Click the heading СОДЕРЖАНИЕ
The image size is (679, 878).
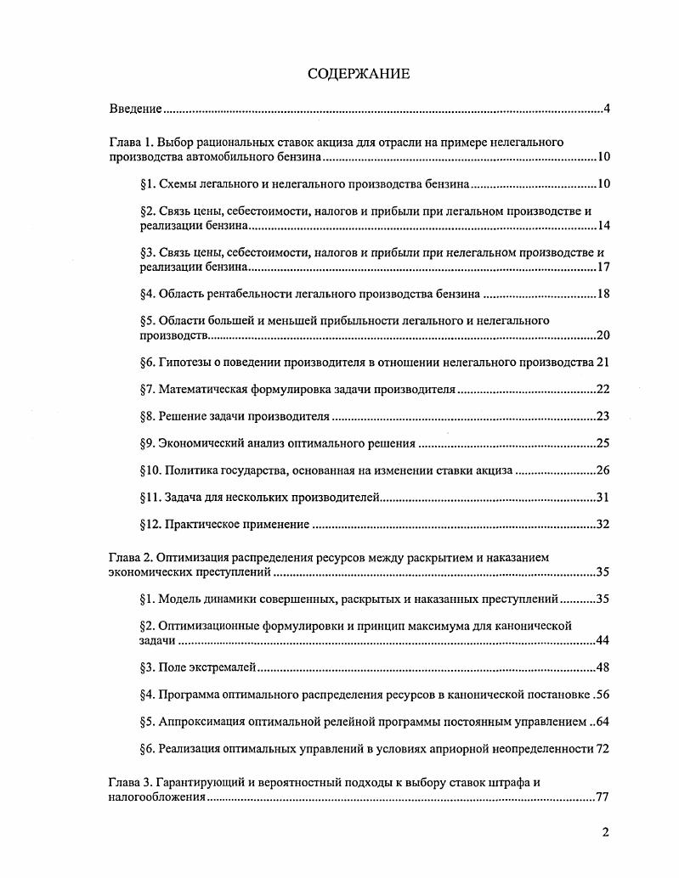pyautogui.click(x=358, y=74)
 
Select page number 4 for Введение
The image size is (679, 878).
pyautogui.click(x=607, y=110)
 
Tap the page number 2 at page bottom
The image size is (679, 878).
pyautogui.click(x=605, y=832)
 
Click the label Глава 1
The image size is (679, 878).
pyautogui.click(x=131, y=142)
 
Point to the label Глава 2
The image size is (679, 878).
pyautogui.click(x=131, y=557)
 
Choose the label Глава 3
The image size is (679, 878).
pyautogui.click(x=131, y=782)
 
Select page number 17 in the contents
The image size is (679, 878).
pyautogui.click(x=603, y=267)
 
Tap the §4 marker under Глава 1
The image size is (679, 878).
pyautogui.click(x=147, y=294)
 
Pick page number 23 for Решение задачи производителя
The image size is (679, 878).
pyautogui.click(x=603, y=416)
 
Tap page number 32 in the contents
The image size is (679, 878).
pyautogui.click(x=603, y=524)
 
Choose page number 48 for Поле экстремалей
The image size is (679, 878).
pyautogui.click(x=603, y=667)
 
